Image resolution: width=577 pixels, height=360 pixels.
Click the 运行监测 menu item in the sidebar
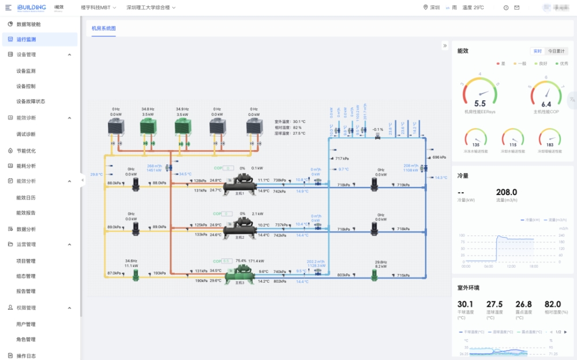point(26,39)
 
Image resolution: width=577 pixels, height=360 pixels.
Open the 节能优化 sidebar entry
point(26,151)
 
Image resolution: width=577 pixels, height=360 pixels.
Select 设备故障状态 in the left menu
point(31,102)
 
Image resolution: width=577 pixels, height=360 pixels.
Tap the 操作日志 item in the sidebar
point(26,355)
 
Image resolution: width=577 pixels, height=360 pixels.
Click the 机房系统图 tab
point(104,28)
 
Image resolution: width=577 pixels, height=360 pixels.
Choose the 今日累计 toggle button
point(557,51)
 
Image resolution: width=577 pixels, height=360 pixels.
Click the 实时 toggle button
point(537,51)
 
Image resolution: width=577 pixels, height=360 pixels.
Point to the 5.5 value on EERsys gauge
point(480,104)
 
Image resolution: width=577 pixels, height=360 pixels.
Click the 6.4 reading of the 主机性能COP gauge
point(546,104)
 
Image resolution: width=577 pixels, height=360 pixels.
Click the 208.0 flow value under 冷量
point(507,192)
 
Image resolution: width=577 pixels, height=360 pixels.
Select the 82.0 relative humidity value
point(552,304)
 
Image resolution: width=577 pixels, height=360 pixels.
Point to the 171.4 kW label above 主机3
point(256,261)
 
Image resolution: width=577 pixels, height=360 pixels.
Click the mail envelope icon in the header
point(516,7)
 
